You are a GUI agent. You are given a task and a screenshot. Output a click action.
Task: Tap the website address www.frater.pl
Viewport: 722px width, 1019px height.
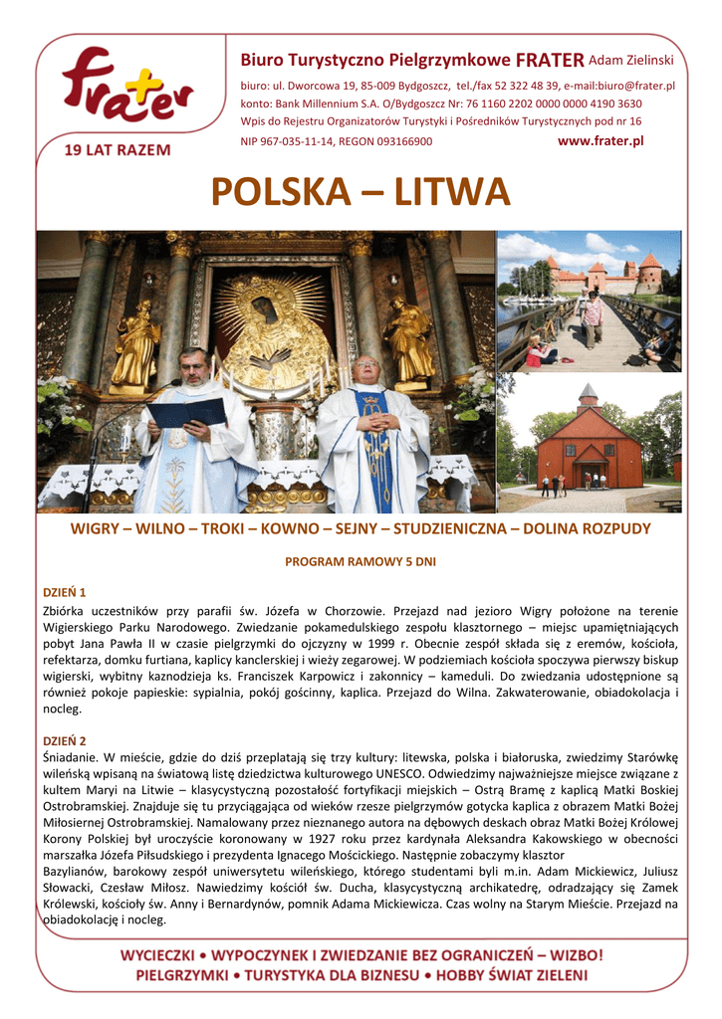pos(601,141)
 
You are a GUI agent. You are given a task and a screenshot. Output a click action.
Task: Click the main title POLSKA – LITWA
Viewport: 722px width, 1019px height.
pos(361,192)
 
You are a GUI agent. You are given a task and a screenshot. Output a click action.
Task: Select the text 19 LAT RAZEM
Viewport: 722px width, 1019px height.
pos(117,150)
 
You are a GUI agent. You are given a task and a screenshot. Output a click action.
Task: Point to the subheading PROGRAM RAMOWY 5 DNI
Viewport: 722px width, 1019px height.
pos(361,561)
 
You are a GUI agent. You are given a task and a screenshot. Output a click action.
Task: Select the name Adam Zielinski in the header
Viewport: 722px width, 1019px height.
pos(631,61)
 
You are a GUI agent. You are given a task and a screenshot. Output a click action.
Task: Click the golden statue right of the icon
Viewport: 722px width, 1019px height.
pos(411,338)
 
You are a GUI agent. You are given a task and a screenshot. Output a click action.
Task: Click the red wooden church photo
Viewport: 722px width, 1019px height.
pos(590,444)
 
